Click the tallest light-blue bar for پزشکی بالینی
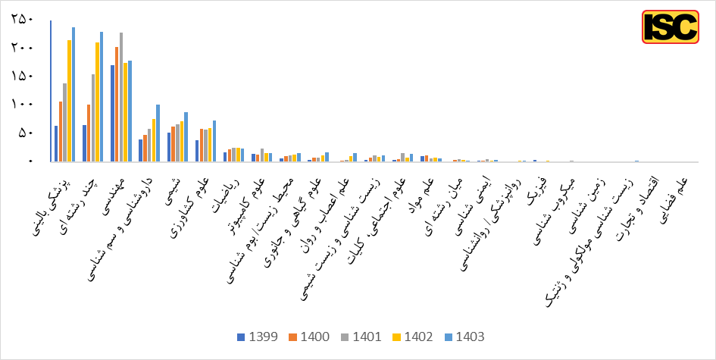[x=73, y=95]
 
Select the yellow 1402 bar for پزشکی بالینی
[x=69, y=101]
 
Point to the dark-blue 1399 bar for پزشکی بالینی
[x=56, y=144]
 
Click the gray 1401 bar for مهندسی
[x=121, y=97]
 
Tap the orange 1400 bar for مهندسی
[x=117, y=105]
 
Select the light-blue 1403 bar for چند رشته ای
[x=102, y=97]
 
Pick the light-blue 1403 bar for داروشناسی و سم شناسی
[x=158, y=133]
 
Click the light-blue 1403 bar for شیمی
[x=186, y=137]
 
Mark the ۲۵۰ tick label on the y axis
[x=22, y=19]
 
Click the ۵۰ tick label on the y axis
[x=25, y=133]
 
